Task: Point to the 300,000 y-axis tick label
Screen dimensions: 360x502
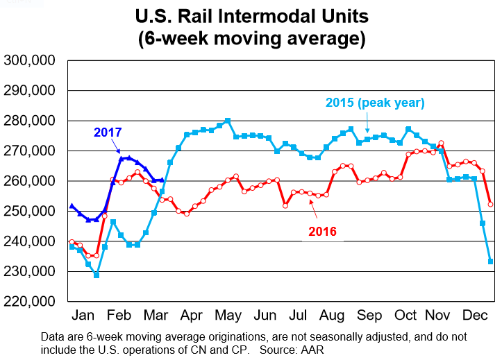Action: [30, 61]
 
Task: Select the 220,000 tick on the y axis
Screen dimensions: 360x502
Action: [30, 302]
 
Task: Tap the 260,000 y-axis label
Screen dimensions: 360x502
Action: [30, 181]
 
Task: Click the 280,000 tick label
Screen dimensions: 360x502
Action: [30, 121]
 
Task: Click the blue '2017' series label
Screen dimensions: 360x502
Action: [108, 132]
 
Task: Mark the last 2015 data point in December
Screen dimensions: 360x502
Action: [491, 262]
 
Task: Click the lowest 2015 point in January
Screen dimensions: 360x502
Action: [97, 275]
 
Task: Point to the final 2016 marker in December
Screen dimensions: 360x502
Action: [491, 204]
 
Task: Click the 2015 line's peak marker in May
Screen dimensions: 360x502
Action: [228, 121]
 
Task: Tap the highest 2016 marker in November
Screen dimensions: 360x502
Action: [442, 143]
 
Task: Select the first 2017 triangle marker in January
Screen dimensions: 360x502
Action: [72, 206]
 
